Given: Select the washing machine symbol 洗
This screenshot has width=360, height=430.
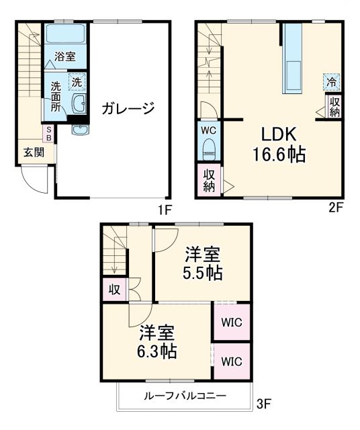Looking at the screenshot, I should click(77, 82).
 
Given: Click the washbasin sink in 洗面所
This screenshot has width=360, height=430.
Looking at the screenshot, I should click(78, 104).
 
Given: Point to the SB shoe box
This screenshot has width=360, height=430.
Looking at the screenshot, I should click(48, 133).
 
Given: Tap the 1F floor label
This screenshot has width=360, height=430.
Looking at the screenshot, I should click(165, 209).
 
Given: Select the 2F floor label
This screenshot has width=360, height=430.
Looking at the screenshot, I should click(335, 208).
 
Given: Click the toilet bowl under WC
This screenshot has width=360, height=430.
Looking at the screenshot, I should click(208, 147).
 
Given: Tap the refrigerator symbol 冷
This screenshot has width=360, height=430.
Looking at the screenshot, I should click(331, 82).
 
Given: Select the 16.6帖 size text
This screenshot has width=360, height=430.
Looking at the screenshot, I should click(279, 155).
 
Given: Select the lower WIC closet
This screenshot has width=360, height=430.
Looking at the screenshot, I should click(232, 361).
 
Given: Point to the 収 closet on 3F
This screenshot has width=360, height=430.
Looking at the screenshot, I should click(115, 290).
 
